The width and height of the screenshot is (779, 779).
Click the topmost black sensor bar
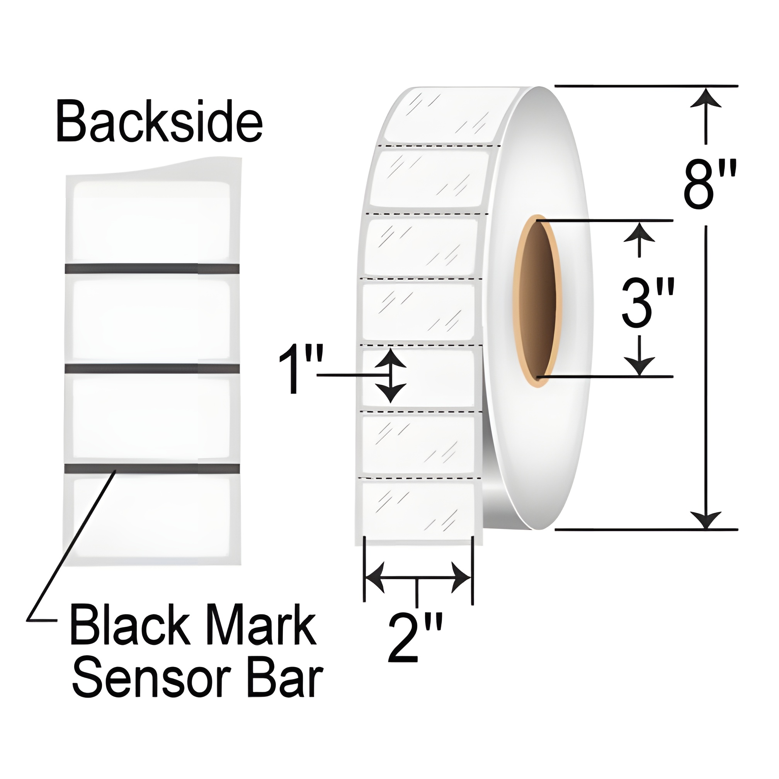tap(151, 269)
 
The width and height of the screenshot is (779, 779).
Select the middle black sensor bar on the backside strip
tap(151, 368)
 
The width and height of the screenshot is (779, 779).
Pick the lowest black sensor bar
tap(151, 468)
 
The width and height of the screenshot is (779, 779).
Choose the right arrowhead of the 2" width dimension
tap(461, 578)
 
